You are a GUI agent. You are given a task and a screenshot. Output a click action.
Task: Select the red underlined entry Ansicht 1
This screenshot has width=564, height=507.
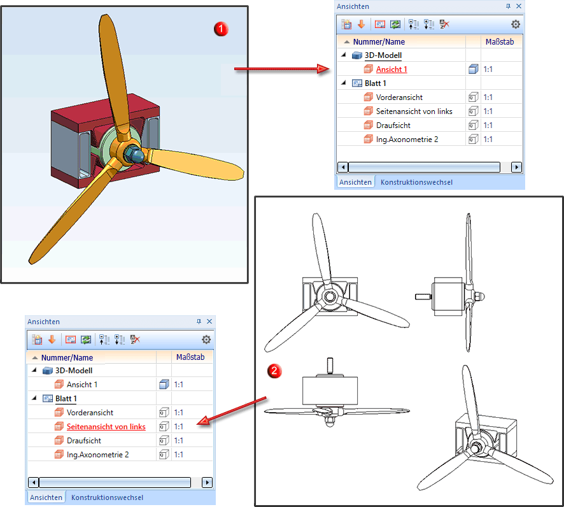coord(391,69)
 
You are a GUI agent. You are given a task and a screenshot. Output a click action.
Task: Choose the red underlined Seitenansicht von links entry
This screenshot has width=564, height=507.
coord(106,427)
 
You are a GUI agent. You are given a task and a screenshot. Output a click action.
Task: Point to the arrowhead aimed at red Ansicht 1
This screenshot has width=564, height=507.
coord(323,69)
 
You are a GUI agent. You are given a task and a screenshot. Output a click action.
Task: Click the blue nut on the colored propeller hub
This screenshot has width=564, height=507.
coord(135,154)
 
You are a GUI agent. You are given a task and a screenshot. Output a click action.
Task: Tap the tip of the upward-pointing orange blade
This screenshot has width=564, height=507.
coord(105,17)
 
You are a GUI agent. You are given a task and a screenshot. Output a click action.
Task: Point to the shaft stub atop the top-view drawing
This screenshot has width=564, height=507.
coord(330,366)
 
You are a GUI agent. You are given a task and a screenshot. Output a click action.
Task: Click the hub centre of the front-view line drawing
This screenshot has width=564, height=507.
coord(328,296)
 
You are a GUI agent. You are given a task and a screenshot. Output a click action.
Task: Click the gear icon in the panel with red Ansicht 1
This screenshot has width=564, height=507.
coord(515,24)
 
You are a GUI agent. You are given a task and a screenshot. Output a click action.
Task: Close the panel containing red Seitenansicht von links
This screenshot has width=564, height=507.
coord(209,322)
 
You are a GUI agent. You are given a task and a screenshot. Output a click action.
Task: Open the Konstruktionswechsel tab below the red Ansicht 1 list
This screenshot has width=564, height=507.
coord(416,182)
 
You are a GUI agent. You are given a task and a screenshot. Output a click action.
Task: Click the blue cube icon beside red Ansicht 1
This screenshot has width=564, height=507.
coord(473,69)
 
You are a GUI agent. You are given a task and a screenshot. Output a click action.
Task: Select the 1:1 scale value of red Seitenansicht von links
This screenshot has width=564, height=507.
coord(179,427)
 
